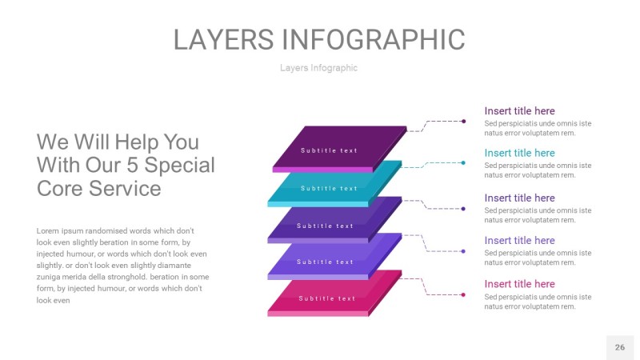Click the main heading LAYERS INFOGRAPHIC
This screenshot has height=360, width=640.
pos(319,39)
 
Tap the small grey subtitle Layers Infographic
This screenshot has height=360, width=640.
pos(318,68)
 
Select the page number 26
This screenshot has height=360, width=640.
pos(620,347)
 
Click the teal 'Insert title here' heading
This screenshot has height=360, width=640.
pos(519,153)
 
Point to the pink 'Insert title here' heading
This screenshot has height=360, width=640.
pos(519,284)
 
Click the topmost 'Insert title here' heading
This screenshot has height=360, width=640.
pos(519,111)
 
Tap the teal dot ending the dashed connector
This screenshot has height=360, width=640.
pos(463,163)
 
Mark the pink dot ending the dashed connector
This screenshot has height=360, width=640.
pos(463,295)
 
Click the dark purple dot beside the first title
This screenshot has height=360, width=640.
pos(463,122)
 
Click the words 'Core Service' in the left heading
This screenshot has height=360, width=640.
pos(98,189)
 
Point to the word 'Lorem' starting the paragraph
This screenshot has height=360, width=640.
pos(49,230)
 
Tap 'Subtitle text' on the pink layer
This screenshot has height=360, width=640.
pos(327,298)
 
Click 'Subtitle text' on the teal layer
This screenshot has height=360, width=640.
pos(329,189)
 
